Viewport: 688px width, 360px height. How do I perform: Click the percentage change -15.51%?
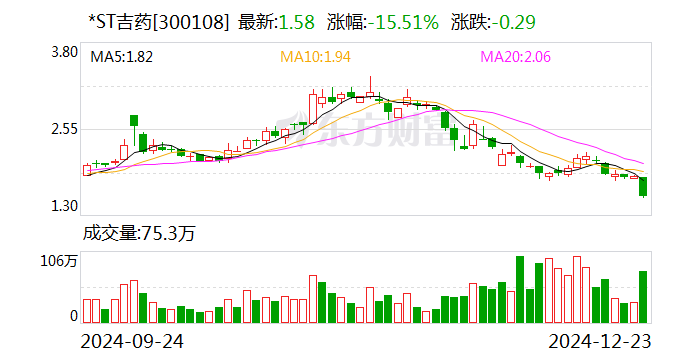pos(399,20)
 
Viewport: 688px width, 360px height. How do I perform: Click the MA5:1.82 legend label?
pos(122,58)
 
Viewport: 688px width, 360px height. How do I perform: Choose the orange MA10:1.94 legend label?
pos(315,58)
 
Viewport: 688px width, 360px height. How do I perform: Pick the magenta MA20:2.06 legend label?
pos(516,58)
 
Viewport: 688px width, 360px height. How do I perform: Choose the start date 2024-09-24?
pos(137,341)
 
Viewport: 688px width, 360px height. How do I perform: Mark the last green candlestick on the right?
pos(643,186)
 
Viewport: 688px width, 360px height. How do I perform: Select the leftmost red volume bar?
pos(87,311)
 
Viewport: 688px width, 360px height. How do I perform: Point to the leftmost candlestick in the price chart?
pos(87,170)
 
